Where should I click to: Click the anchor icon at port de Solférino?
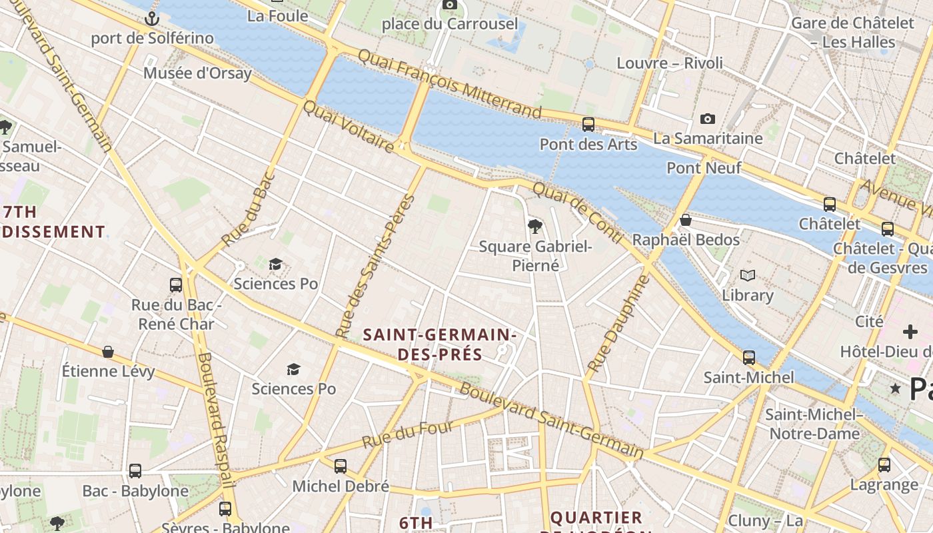click(x=153, y=19)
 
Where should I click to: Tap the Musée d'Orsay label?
click(x=197, y=73)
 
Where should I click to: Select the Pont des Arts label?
click(x=588, y=144)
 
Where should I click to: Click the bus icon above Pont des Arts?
click(x=588, y=124)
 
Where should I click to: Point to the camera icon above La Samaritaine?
click(x=707, y=119)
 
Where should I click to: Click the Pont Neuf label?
click(x=704, y=168)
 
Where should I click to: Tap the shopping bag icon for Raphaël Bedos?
click(x=685, y=221)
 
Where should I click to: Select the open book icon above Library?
click(x=748, y=275)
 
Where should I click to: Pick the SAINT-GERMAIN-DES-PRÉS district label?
click(x=440, y=344)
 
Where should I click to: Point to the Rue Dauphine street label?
click(x=618, y=324)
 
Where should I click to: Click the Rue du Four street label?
click(x=407, y=434)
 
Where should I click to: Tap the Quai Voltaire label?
click(x=348, y=126)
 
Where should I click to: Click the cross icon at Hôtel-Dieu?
click(x=910, y=332)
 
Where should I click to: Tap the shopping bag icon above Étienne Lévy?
click(x=108, y=352)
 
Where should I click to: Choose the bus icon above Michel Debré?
click(x=341, y=466)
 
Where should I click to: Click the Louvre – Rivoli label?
click(x=669, y=63)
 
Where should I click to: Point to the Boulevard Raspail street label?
click(x=215, y=420)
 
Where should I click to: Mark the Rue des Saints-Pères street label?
click(x=375, y=266)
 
